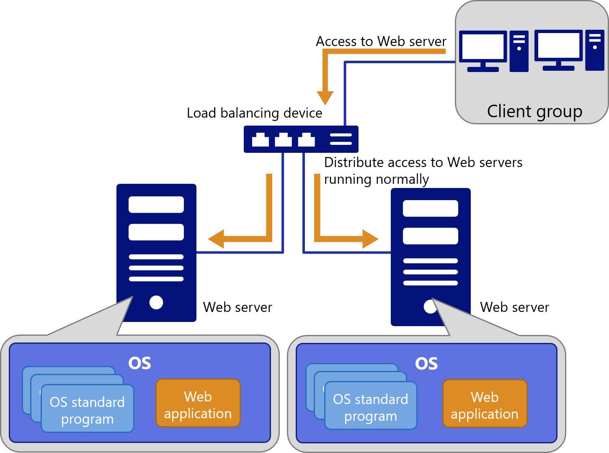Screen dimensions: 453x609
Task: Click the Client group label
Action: [x=534, y=112]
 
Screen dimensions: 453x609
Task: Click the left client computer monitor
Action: [x=483, y=47]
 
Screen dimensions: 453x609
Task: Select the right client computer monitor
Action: [x=558, y=46]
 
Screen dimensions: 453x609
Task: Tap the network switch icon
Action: [x=301, y=139]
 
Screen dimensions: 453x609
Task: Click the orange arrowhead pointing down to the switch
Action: [x=325, y=98]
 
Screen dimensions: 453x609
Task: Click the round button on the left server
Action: [x=156, y=302]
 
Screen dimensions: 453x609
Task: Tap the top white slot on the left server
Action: [x=156, y=205]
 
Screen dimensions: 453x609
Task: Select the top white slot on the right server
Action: [x=430, y=208]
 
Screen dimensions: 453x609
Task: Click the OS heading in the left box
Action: [x=139, y=363]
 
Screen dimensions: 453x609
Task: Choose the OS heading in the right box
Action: [x=426, y=364]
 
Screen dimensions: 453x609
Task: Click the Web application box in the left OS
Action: [x=198, y=403]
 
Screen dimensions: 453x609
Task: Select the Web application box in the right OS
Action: [x=485, y=404]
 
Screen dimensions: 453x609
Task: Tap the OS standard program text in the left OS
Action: [x=87, y=410]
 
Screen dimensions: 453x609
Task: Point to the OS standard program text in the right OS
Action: [x=371, y=407]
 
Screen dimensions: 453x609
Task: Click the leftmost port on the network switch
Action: [x=260, y=140]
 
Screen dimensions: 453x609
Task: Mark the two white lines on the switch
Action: [x=341, y=139]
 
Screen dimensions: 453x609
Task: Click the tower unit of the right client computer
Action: [x=595, y=50]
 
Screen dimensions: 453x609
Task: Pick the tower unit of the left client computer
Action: [x=519, y=51]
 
